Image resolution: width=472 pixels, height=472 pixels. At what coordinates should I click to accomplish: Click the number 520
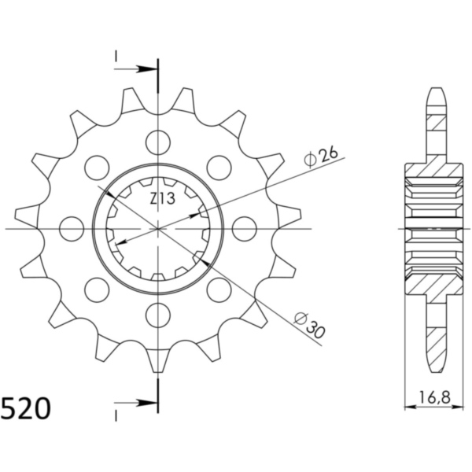[26, 409]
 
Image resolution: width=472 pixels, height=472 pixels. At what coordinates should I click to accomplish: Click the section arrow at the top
[137, 68]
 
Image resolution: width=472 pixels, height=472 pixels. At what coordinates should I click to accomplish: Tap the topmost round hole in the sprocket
[158, 143]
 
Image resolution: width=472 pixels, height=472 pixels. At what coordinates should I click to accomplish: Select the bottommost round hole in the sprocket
[158, 315]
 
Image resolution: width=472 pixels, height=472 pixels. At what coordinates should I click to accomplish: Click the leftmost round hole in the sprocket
[72, 229]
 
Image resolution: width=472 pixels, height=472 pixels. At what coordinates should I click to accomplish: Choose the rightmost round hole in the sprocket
[245, 229]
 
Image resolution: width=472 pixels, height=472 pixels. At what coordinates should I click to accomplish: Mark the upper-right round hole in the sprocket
[219, 168]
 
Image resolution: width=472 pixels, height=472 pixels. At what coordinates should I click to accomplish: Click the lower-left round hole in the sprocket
[97, 289]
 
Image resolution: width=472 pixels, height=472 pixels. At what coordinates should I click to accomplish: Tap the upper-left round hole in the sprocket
[97, 168]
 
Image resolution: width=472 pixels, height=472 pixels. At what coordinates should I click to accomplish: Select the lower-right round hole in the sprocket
[219, 289]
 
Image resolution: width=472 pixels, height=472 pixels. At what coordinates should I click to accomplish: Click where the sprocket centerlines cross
[158, 229]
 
